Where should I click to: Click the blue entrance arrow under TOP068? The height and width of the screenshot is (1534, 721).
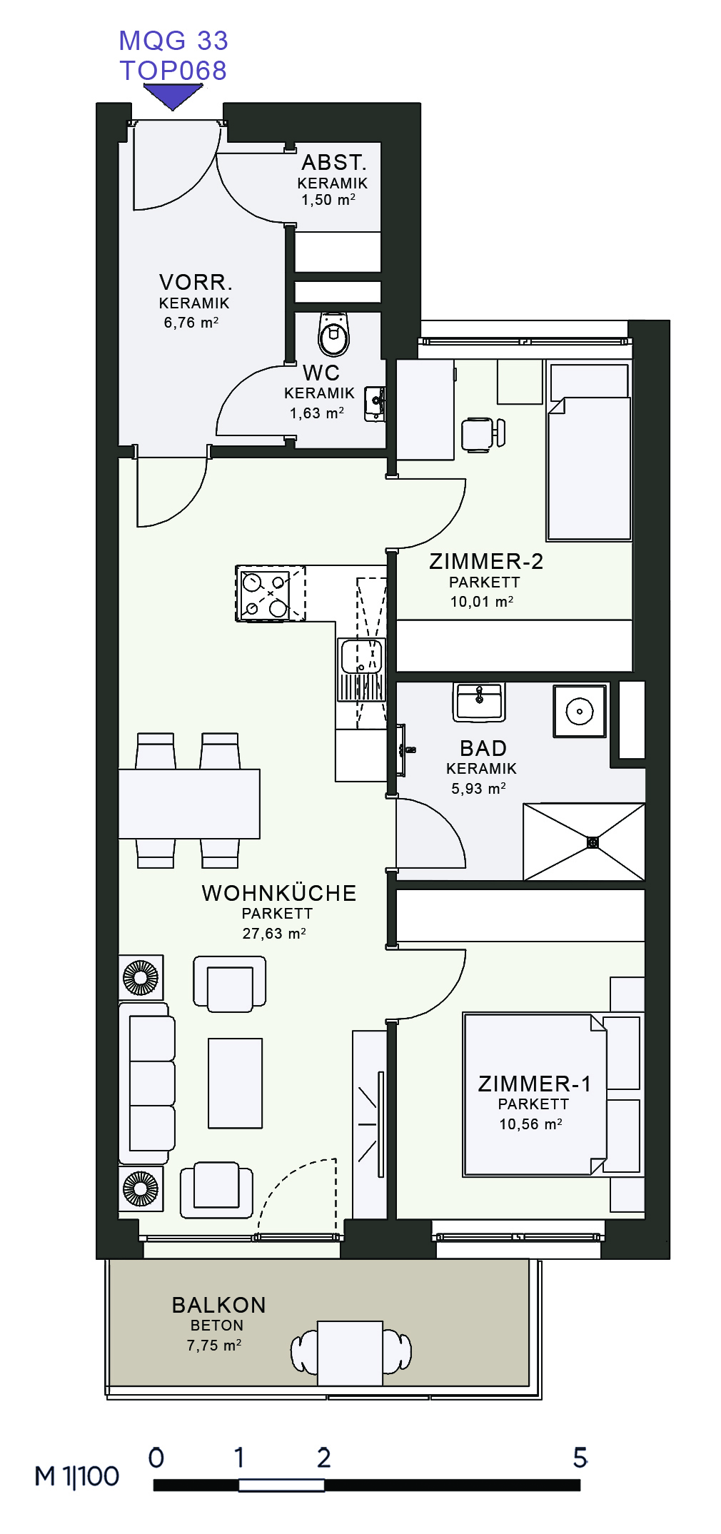[173, 95]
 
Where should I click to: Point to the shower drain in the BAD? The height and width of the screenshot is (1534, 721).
[593, 842]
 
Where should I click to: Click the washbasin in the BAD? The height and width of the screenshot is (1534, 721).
[479, 702]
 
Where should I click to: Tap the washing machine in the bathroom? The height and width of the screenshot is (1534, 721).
[580, 711]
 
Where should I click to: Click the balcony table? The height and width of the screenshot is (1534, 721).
[351, 1353]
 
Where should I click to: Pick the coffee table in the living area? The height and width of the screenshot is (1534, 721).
[236, 1083]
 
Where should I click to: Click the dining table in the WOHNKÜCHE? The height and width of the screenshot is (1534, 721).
[189, 804]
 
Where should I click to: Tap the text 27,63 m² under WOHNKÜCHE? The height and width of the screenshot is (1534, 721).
[274, 933]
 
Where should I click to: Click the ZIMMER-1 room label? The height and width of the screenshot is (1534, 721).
[535, 1084]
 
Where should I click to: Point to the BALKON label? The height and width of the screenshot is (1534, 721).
[219, 1305]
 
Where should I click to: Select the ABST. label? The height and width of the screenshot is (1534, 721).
[334, 162]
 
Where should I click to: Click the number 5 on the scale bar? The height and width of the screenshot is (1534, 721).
[580, 1457]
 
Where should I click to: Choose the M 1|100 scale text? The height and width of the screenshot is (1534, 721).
[77, 1476]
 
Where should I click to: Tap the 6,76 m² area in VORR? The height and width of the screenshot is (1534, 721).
[191, 323]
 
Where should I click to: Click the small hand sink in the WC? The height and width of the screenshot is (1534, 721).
[375, 404]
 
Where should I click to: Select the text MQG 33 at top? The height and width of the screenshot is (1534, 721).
[173, 41]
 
